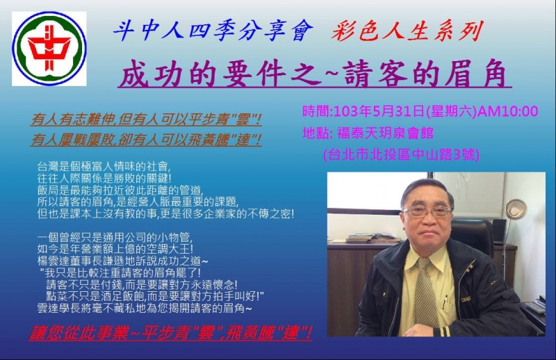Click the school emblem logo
(49, 49)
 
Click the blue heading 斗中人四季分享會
(213, 31)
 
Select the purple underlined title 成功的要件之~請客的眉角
(314, 74)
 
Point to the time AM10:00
(508, 111)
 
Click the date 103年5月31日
(379, 111)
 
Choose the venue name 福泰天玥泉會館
(385, 133)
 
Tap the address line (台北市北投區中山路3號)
(402, 154)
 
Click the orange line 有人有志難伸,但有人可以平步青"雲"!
(146, 120)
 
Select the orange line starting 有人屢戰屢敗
(146, 140)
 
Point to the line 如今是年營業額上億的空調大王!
(115, 249)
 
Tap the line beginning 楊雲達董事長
(123, 261)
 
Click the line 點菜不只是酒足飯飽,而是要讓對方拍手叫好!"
(155, 296)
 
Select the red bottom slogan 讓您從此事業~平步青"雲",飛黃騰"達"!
(170, 334)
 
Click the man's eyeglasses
(427, 212)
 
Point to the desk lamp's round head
(515, 208)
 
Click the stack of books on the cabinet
(373, 238)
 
